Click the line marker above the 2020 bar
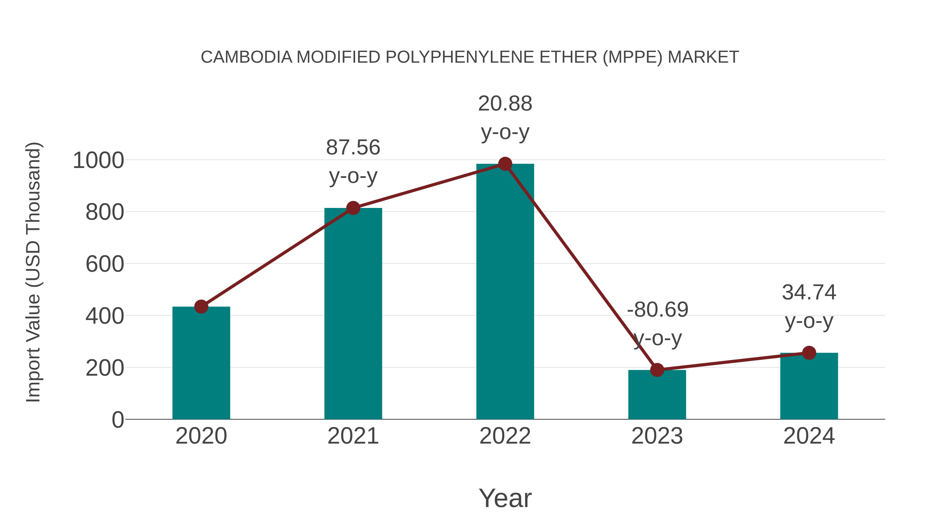click(201, 307)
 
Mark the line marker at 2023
click(657, 370)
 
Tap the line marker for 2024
click(809, 353)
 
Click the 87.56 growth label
click(353, 148)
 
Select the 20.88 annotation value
click(505, 104)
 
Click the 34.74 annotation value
click(809, 292)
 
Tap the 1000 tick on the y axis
click(98, 160)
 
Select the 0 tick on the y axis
click(118, 420)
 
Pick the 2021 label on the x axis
click(353, 436)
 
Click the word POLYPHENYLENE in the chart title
click(460, 57)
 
